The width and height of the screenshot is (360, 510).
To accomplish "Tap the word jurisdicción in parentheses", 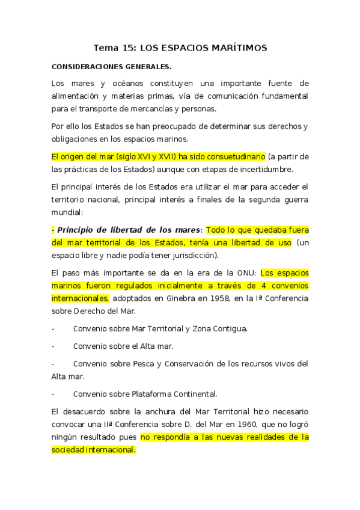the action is pyautogui.click(x=199, y=256).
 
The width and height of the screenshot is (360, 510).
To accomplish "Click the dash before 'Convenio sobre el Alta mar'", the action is pyautogui.click(x=53, y=347).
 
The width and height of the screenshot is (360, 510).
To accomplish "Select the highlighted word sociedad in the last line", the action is pyautogui.click(x=69, y=450).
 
